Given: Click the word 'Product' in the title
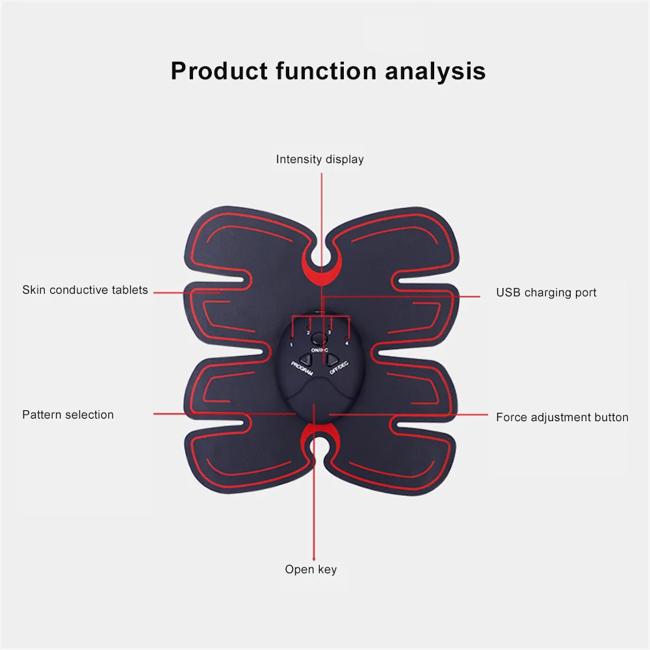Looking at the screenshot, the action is pos(219,71).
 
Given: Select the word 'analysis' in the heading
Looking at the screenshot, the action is pos(435,72).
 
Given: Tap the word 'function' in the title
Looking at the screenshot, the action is pos(327,71).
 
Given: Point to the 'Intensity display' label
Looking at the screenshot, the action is pos(320,160).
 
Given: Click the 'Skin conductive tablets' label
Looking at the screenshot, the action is pos(85,290).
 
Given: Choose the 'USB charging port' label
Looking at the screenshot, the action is pos(547,292).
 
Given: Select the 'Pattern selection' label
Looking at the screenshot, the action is pos(68,415).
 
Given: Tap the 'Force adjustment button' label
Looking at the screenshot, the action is pos(562,417).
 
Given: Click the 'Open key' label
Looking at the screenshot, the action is pos(311,569).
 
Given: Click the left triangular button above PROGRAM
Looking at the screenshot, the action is pos(305,359).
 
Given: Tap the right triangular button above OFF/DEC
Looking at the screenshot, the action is pos(332,359).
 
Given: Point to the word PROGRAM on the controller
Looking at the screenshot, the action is pos(302,369).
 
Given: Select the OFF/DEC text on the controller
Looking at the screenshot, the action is pos(339,368).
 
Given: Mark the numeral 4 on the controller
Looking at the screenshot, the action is pos(347,344).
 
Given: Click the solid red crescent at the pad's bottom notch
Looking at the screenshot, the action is pos(319,430).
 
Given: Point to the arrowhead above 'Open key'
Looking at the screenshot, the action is pos(314,558).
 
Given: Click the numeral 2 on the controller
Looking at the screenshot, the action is pos(308,333).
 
